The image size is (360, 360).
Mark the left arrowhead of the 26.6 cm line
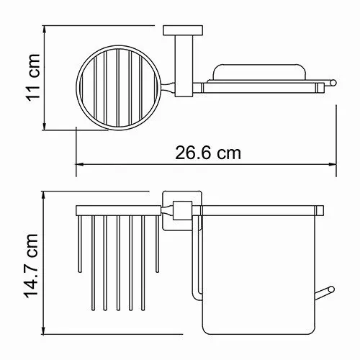point(80,165)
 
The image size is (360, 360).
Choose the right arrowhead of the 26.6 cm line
point(336,165)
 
